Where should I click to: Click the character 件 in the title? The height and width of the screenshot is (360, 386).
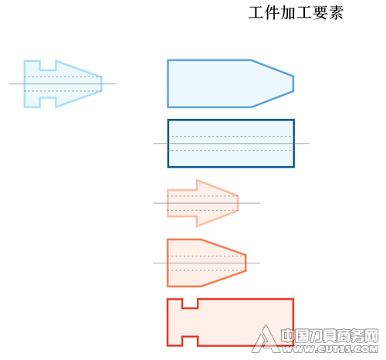tap(273, 12)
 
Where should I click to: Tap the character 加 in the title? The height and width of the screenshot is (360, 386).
tap(288, 12)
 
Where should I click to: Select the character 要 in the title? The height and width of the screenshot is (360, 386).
tap(320, 12)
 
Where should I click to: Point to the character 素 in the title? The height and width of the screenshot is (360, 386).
tap(336, 12)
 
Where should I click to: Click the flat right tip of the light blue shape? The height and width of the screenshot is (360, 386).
tap(102, 84)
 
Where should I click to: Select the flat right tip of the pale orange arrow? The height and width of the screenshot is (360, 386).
tap(238, 203)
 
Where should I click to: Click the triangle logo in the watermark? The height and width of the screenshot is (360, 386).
tap(265, 339)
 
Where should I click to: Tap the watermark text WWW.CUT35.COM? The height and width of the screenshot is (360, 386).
tap(330, 349)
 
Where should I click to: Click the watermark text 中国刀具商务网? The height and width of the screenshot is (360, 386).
tap(330, 336)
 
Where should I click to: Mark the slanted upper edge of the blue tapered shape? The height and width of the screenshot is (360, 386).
tap(273, 68)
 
